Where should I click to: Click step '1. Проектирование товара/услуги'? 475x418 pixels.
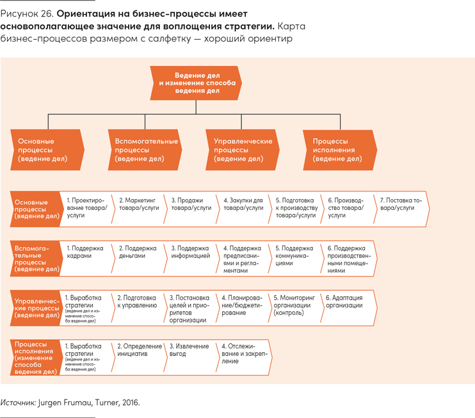click(x=86, y=208)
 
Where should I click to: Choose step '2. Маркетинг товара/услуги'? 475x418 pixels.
click(x=138, y=208)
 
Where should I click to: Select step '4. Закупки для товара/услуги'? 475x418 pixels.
click(x=244, y=208)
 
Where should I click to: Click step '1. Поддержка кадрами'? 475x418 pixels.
click(x=86, y=257)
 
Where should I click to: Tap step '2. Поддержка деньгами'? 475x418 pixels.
click(x=138, y=257)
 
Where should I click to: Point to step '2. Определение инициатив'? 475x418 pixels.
click(x=138, y=356)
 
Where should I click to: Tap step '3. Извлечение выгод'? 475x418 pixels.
click(x=191, y=356)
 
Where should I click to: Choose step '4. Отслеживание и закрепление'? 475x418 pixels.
click(x=243, y=356)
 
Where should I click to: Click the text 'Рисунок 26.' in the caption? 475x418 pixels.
click(x=25, y=13)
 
